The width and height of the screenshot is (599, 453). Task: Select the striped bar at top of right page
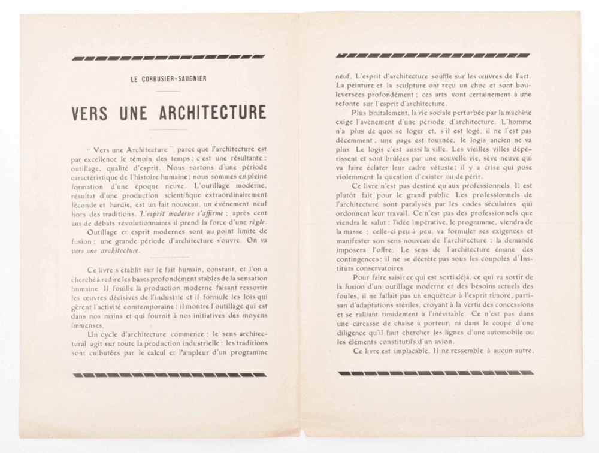pyautogui.click(x=433, y=55)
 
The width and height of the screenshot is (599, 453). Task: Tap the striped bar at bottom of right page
pyautogui.click(x=435, y=373)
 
